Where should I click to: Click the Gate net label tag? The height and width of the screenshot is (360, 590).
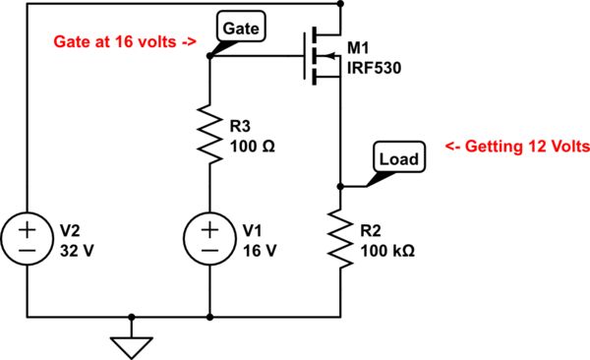tap(240, 29)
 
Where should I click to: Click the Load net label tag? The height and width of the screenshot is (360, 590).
tap(398, 157)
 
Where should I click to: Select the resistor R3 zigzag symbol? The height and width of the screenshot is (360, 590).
tap(211, 132)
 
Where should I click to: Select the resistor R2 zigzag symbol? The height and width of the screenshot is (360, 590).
tap(339, 240)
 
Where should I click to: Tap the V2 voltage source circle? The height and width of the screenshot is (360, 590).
tap(28, 241)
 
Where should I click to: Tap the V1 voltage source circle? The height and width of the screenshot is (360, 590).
tap(211, 241)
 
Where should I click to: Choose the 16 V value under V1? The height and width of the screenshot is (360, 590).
tap(261, 250)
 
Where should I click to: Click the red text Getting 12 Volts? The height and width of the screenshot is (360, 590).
tap(516, 146)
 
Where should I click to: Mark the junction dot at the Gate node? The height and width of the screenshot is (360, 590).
tap(211, 56)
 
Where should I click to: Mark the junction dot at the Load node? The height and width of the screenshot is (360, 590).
tap(339, 186)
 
